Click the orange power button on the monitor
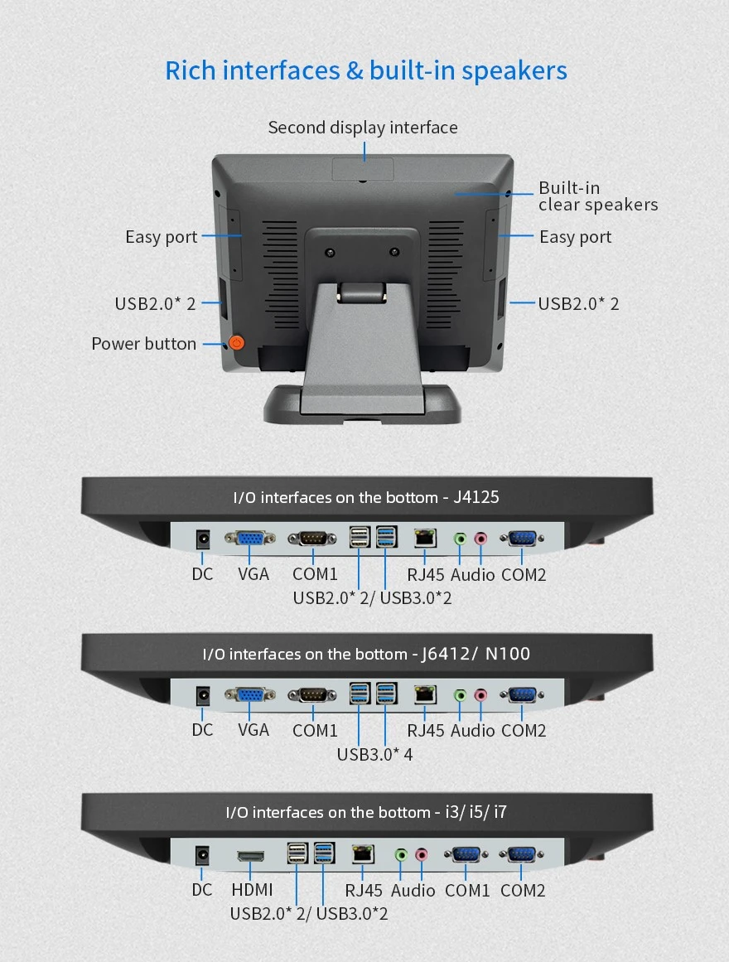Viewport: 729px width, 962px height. (236, 342)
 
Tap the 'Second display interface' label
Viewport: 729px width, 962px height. (363, 128)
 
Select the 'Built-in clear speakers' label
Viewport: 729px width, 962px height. (598, 196)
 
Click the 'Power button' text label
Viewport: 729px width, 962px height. (143, 344)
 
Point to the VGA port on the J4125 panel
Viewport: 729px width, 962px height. (249, 538)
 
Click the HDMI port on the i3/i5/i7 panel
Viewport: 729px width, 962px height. (250, 855)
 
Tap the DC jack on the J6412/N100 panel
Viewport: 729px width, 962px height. (202, 696)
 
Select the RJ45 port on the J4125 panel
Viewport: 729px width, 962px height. (425, 538)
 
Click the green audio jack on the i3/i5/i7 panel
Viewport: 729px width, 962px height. (401, 854)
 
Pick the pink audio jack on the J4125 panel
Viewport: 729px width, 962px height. (480, 539)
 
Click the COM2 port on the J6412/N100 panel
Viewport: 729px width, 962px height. (522, 695)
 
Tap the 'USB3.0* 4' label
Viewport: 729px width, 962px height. (374, 754)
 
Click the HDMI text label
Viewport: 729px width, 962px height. (252, 890)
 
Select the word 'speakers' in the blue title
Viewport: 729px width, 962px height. (514, 71)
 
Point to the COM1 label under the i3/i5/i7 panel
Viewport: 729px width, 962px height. (467, 890)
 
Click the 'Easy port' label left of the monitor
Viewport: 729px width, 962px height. (162, 237)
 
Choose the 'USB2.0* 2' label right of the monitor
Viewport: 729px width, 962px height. (579, 304)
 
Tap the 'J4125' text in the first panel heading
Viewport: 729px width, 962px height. (476, 497)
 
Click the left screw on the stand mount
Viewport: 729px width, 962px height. (331, 253)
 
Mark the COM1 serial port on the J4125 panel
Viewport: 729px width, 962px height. (312, 539)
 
